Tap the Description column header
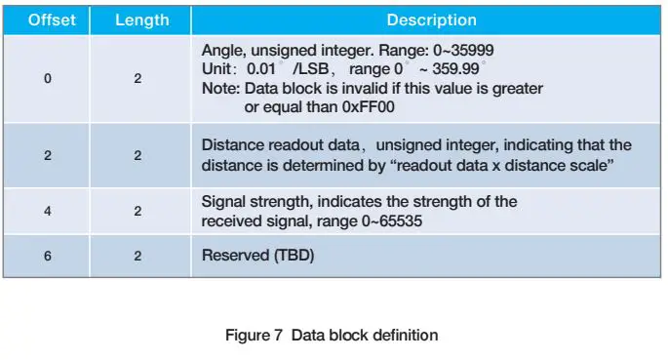click(x=431, y=20)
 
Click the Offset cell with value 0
click(x=48, y=79)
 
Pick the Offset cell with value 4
click(x=48, y=210)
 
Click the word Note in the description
click(x=219, y=88)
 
